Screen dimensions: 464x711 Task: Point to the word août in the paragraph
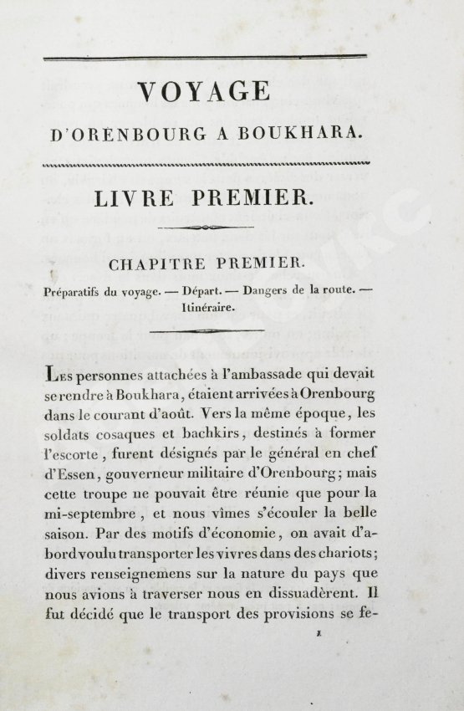click(190, 412)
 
